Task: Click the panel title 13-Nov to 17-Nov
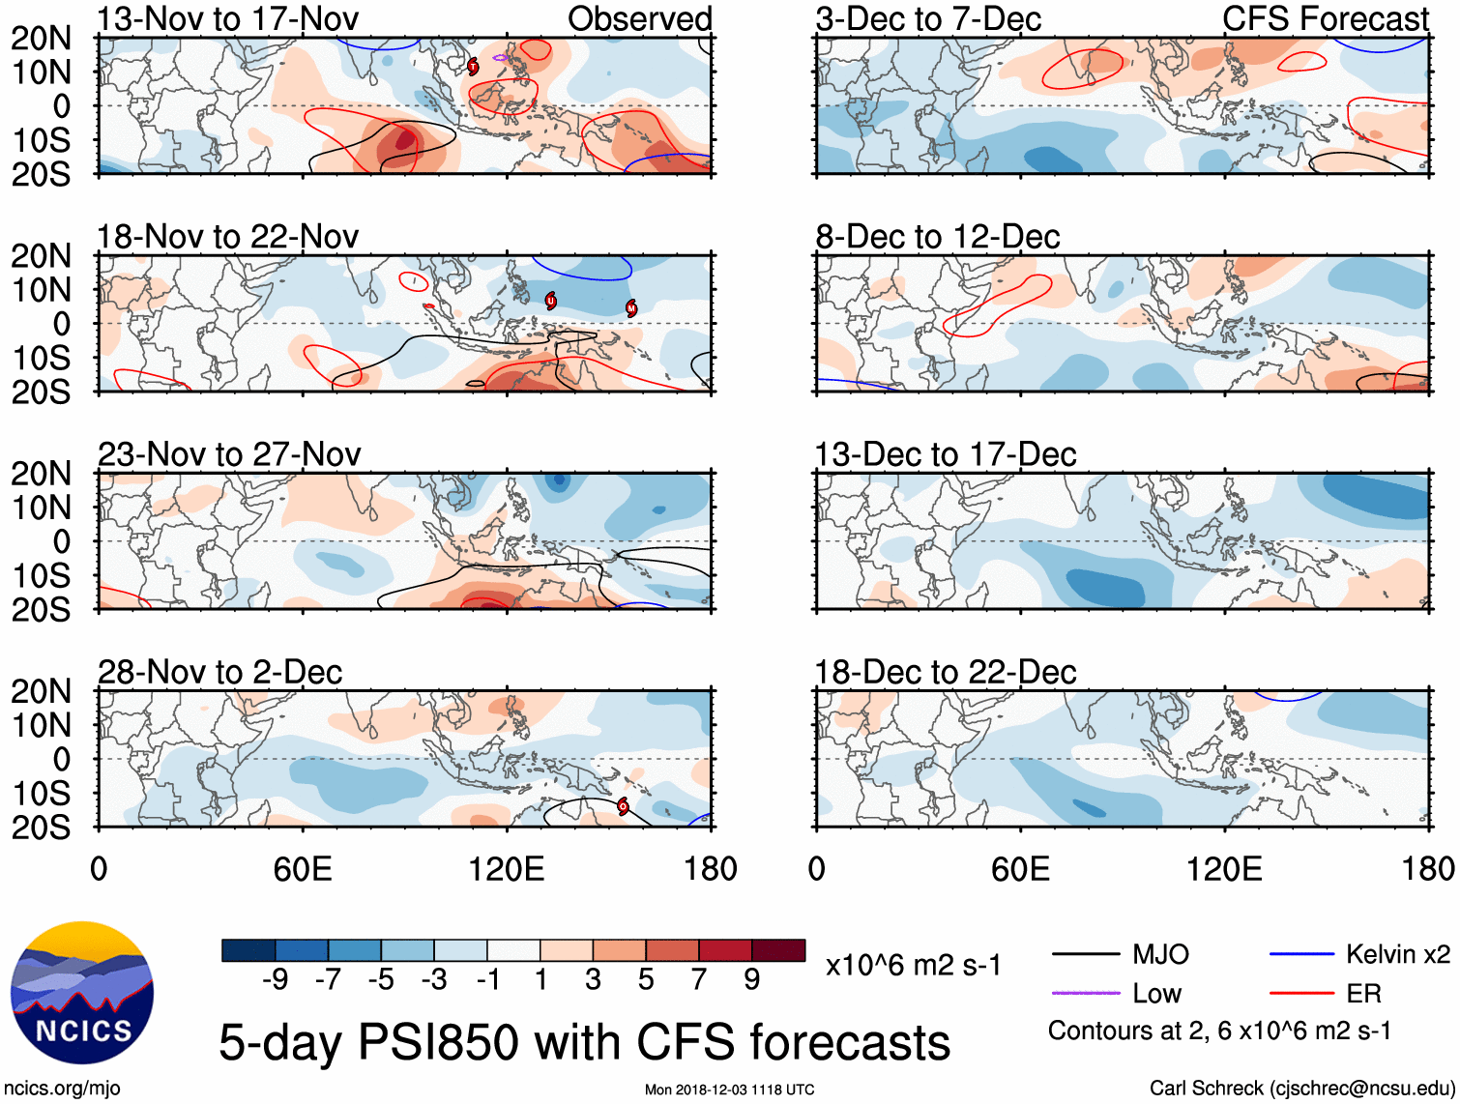click(x=228, y=18)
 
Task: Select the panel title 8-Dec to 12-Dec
click(x=938, y=237)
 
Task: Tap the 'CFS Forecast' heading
click(x=1326, y=18)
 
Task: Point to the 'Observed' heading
click(x=639, y=18)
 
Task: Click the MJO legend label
click(x=1160, y=955)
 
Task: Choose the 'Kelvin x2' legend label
click(x=1397, y=955)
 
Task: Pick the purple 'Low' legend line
click(x=1085, y=993)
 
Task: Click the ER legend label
click(x=1363, y=993)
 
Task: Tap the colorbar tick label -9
click(x=275, y=980)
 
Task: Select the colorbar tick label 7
click(x=699, y=980)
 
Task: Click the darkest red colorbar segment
click(x=778, y=950)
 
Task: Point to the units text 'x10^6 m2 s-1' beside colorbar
click(x=913, y=966)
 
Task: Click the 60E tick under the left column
click(x=303, y=869)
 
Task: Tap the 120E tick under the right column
click(x=1224, y=869)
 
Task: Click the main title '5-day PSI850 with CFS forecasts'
click(x=584, y=1042)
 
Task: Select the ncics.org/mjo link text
click(x=62, y=1089)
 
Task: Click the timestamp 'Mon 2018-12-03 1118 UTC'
click(x=729, y=1089)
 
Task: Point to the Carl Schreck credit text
click(x=1301, y=1089)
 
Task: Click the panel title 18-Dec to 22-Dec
click(x=946, y=672)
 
